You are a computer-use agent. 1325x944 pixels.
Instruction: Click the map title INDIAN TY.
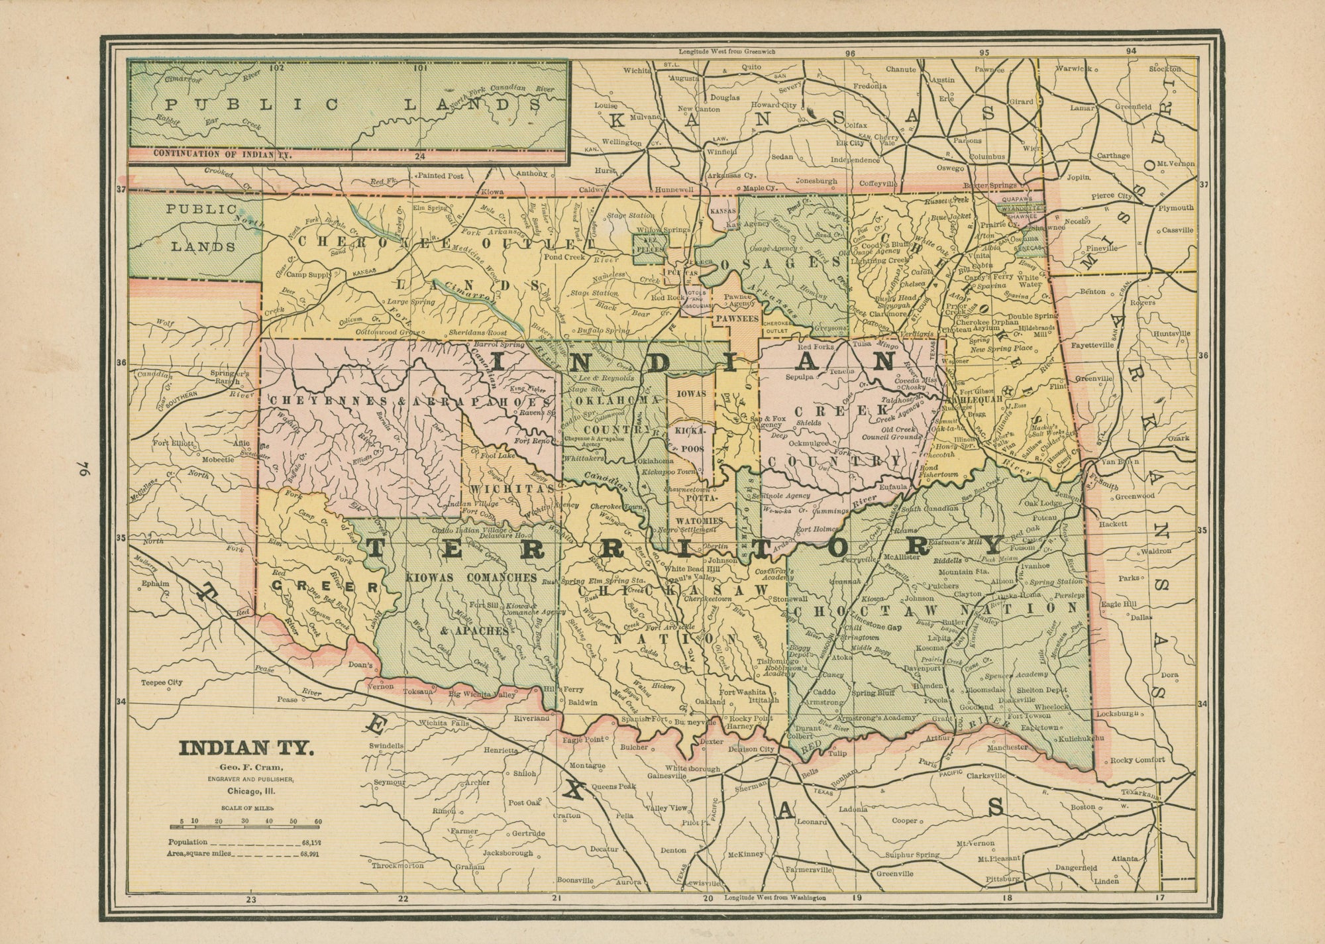pos(246,749)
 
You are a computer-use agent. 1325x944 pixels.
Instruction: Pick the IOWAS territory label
pos(690,393)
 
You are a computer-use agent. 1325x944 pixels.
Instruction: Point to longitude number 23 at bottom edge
pos(250,900)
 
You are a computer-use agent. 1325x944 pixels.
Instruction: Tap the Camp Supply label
pos(303,274)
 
